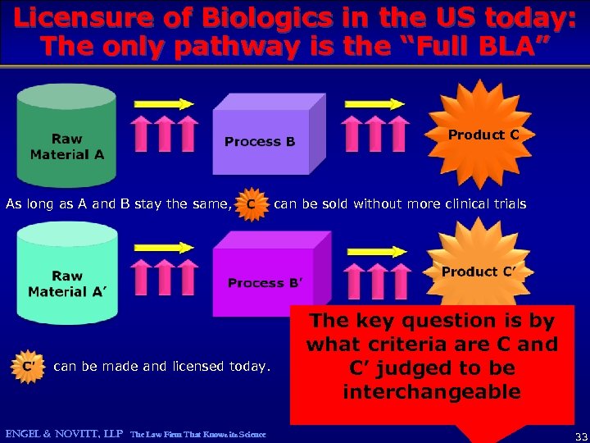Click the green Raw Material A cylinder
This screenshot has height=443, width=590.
click(x=66, y=135)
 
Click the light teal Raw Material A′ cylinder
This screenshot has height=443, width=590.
click(x=66, y=275)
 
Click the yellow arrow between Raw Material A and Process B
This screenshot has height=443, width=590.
click(x=165, y=104)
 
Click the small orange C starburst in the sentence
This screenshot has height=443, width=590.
click(x=252, y=203)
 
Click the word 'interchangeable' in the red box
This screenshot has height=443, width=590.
click(x=432, y=391)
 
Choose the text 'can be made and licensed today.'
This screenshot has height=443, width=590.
click(x=161, y=366)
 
